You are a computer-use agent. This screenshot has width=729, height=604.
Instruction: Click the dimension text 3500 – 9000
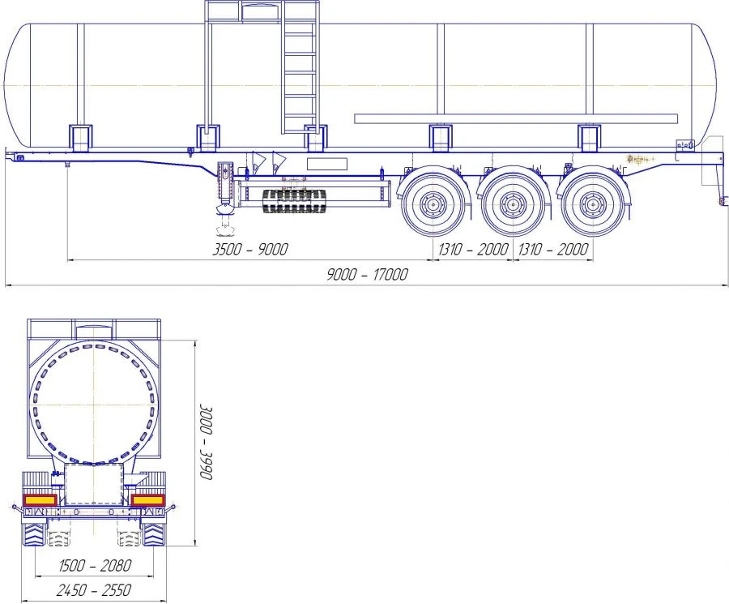[x=250, y=249]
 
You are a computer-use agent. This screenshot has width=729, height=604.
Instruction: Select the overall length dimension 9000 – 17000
[x=367, y=274]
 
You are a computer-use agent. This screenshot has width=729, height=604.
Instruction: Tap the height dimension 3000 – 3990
[x=206, y=442]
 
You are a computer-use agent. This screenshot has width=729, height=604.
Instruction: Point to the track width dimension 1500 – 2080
[x=96, y=565]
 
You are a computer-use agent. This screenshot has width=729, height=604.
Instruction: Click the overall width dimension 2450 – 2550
[x=94, y=590]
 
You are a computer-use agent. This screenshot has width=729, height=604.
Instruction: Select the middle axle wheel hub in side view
[x=513, y=204]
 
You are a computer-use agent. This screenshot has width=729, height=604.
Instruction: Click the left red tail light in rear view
[x=40, y=499]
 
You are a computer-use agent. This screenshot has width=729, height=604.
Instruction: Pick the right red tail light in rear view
[x=148, y=499]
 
